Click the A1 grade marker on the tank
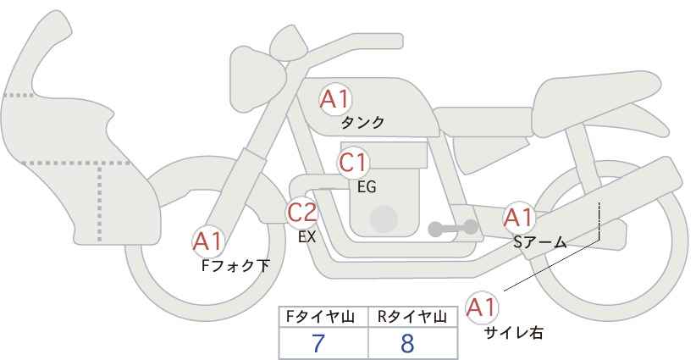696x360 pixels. [335, 99]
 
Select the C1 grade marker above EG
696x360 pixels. [353, 163]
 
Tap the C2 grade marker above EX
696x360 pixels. [301, 212]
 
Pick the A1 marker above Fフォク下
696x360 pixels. [207, 242]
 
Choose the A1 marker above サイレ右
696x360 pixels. [482, 307]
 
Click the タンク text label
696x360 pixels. [362, 123]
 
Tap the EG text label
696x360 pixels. [367, 187]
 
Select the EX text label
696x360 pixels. [307, 237]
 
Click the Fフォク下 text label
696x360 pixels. [235, 266]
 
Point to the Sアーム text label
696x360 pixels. [540, 242]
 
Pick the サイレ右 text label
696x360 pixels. [514, 333]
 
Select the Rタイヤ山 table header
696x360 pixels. [412, 317]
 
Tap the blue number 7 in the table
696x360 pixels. [318, 343]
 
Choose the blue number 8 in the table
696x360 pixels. [407, 343]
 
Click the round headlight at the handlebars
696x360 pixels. [257, 79]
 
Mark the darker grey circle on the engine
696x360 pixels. [384, 219]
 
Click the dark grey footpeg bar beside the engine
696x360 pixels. [453, 228]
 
